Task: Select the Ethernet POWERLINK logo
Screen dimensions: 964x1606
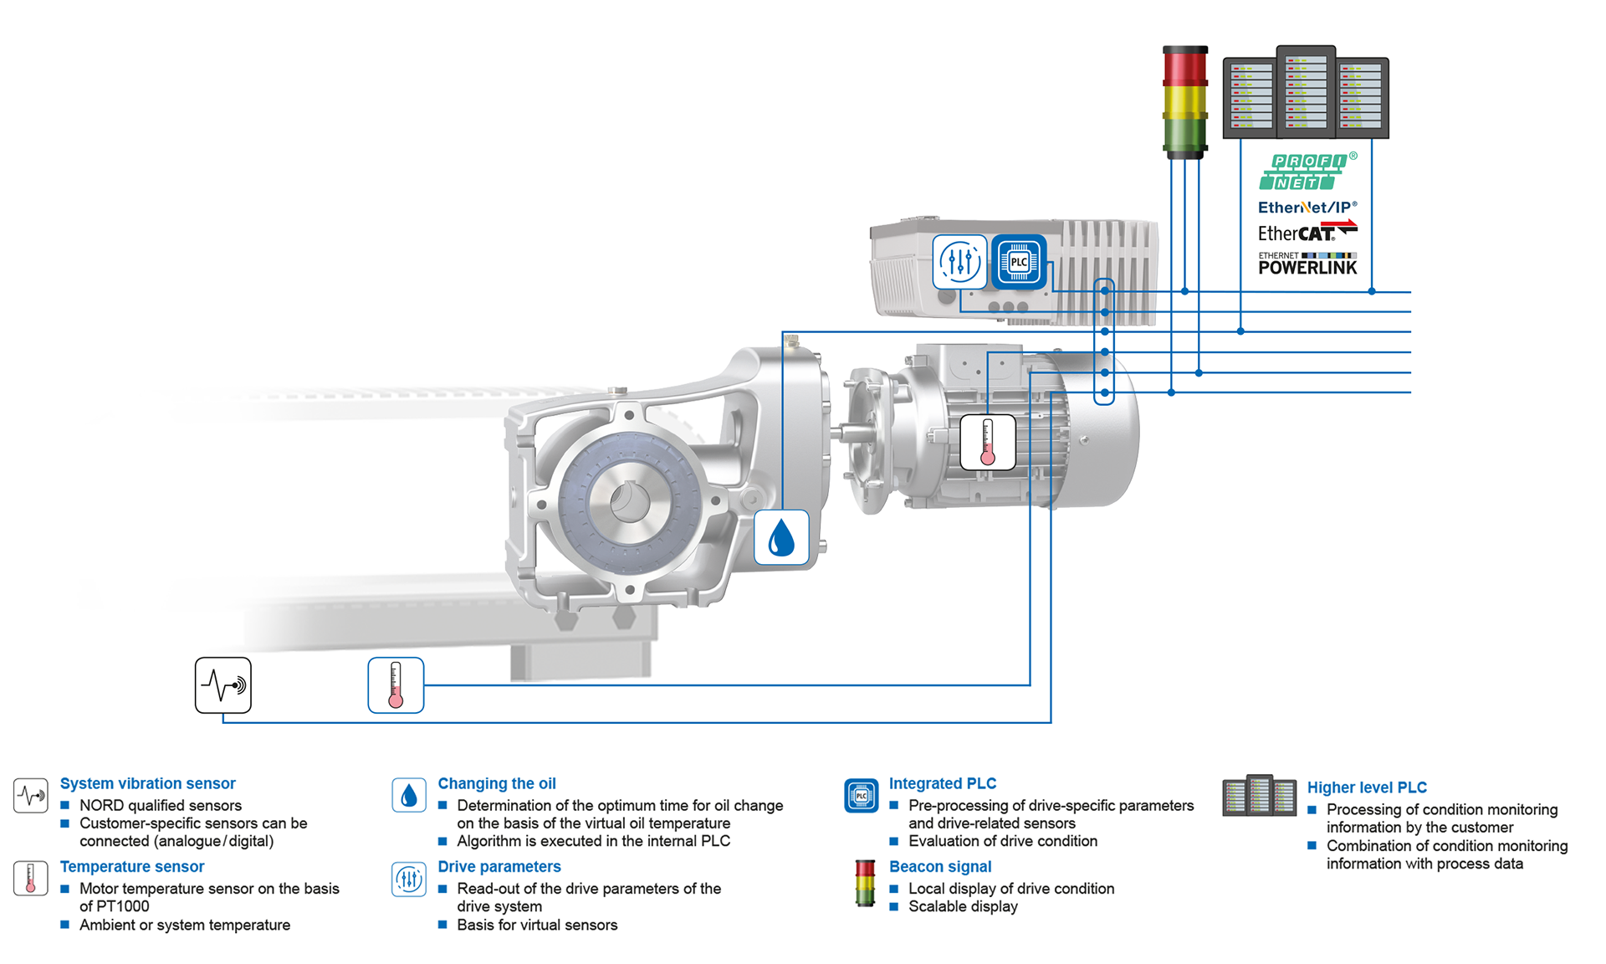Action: click(x=1307, y=264)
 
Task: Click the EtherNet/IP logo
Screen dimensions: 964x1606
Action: click(x=1307, y=207)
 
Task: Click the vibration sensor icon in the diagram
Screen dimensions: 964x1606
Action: click(x=223, y=685)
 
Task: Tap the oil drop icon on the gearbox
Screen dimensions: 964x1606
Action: click(x=781, y=537)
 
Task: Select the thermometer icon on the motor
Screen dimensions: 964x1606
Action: click(x=987, y=442)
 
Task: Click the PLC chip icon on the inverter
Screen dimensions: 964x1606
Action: click(x=1019, y=262)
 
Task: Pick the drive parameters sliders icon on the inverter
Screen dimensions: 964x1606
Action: click(x=960, y=262)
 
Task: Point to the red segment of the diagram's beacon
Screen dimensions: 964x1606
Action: click(x=1185, y=67)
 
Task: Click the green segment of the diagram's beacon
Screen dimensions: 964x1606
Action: click(x=1185, y=135)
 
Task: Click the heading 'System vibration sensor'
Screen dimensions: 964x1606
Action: click(x=147, y=783)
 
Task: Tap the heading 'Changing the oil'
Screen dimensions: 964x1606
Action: click(x=497, y=783)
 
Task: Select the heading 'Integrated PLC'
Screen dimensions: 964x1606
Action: click(x=943, y=783)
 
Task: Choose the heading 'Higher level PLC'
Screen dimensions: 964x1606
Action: click(x=1367, y=787)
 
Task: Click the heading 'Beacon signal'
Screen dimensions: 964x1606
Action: click(x=940, y=867)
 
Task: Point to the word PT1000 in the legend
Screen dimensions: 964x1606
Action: click(x=122, y=906)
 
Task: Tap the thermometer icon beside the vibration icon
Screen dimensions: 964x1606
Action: click(x=396, y=685)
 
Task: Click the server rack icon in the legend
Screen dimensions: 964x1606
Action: click(x=1259, y=795)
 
